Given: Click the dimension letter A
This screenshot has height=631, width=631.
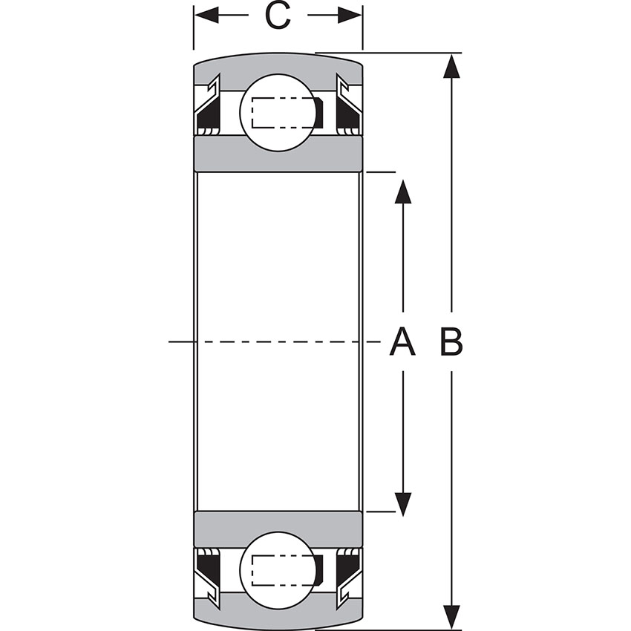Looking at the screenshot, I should click(402, 342).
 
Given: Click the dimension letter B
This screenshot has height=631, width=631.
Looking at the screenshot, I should click(451, 342).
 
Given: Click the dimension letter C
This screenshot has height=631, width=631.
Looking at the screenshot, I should click(278, 16).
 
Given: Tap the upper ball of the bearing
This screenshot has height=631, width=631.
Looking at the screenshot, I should click(276, 112).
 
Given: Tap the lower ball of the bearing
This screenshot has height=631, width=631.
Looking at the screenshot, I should click(276, 570).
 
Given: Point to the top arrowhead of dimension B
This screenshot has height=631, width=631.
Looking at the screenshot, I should click(451, 65).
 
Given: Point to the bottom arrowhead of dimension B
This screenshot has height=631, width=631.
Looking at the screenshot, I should click(451, 618).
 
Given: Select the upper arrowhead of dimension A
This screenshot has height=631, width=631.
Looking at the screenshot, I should click(402, 191).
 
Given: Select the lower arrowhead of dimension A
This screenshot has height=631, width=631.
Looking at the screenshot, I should click(402, 504).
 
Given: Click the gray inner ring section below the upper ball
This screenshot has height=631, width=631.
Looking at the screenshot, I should click(278, 154).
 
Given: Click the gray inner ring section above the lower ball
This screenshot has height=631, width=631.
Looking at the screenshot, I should click(278, 528).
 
